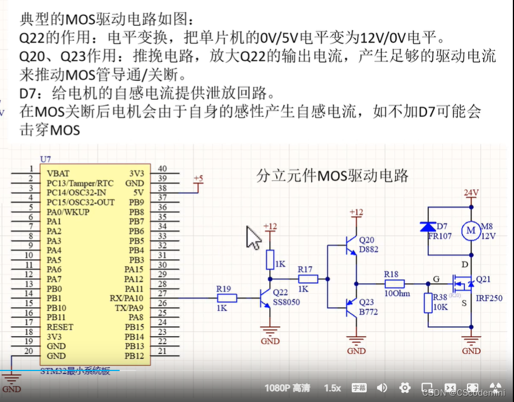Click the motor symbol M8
click(471, 230)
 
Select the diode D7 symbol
click(427, 227)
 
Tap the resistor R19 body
click(227, 298)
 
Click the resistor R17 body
click(308, 279)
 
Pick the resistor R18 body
click(394, 283)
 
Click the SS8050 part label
click(287, 302)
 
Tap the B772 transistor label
click(368, 313)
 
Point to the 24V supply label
click(471, 193)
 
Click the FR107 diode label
click(440, 236)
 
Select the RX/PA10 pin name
click(126, 298)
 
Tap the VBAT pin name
click(58, 173)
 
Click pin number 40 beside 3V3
click(162, 169)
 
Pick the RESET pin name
click(60, 327)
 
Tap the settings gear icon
click(405, 388)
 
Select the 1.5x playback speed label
click(332, 388)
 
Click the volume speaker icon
click(382, 388)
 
